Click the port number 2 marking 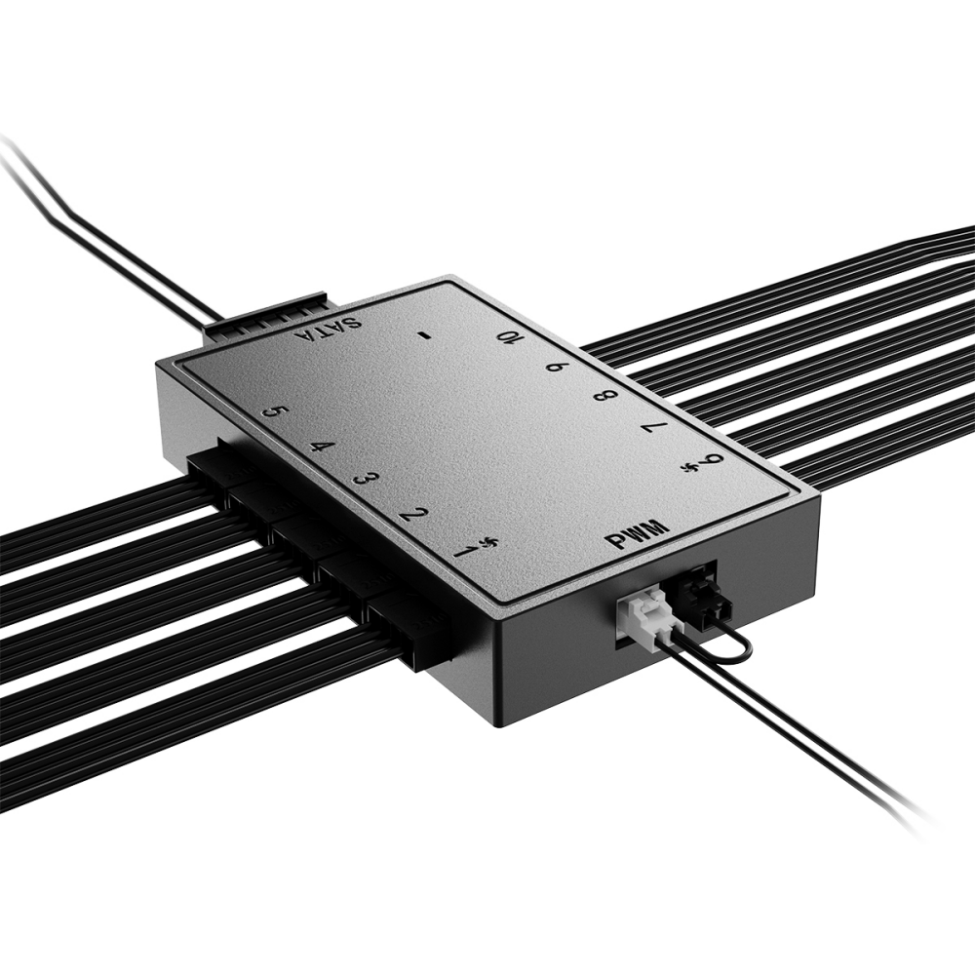pyautogui.click(x=412, y=515)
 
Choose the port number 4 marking pyautogui.click(x=319, y=448)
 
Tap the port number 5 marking pyautogui.click(x=276, y=413)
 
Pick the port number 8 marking pyautogui.click(x=604, y=396)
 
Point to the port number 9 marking pyautogui.click(x=555, y=367)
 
